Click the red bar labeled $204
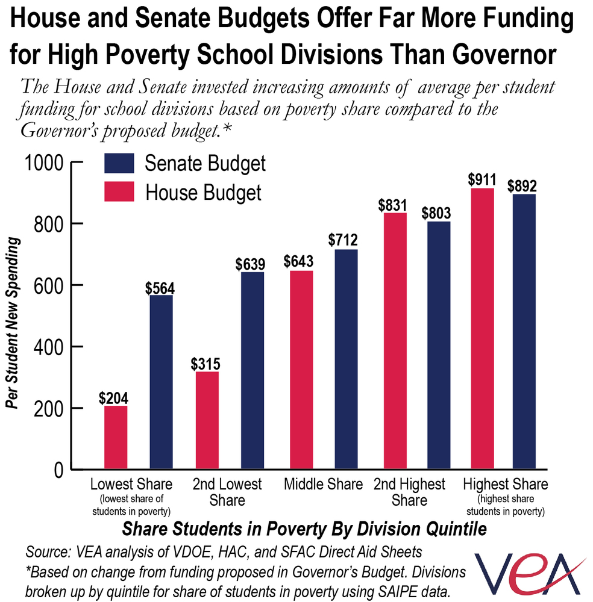116,437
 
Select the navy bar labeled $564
161,382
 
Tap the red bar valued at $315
207,420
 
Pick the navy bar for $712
346,359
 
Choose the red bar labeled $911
482,329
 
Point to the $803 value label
436,213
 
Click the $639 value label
250,264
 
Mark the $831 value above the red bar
392,205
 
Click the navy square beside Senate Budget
119,164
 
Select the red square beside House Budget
119,191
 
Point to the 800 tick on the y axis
48,225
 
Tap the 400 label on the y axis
48,347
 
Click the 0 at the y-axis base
58,470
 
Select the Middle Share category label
323,484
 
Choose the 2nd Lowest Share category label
227,492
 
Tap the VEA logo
530,574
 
